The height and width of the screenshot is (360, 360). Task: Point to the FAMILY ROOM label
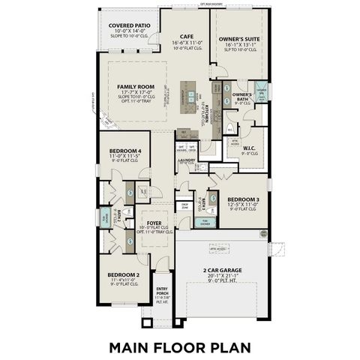pyautogui.click(x=134, y=87)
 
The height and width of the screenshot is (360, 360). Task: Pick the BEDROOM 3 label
pyautogui.click(x=243, y=199)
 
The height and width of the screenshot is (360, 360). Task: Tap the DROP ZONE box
pyautogui.click(x=184, y=205)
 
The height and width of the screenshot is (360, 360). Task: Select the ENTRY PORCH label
pyautogui.click(x=162, y=291)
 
